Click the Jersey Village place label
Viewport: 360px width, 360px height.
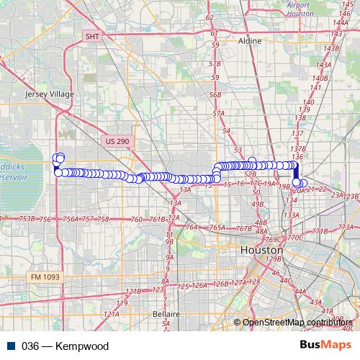click(45, 94)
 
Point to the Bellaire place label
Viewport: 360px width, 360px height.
click(166, 314)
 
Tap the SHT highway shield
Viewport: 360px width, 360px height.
click(92, 35)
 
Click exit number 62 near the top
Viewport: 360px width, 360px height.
click(210, 17)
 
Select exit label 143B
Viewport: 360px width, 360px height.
click(331, 48)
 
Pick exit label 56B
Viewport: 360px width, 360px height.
click(215, 94)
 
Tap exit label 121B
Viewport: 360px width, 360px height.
click(133, 291)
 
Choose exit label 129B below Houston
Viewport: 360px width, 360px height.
click(273, 258)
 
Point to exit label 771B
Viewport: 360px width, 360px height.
click(320, 231)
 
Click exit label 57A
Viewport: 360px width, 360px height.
click(219, 114)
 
